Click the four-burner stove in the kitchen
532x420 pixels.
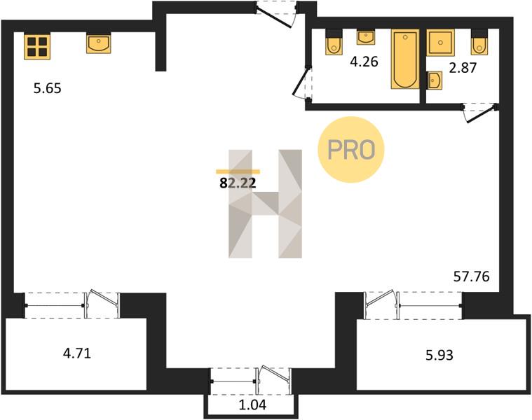[37, 46]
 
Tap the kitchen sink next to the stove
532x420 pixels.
[98, 43]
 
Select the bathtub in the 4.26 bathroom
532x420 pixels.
[405, 59]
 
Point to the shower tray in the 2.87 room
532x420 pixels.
[440, 42]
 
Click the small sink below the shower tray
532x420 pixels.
[435, 80]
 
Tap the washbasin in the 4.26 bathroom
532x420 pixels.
[366, 37]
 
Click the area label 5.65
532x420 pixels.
[48, 88]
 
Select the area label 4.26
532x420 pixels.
[364, 62]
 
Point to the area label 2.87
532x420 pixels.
[463, 68]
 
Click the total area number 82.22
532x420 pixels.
[238, 183]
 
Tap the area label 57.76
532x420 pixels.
[472, 276]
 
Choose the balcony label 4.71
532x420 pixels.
[77, 353]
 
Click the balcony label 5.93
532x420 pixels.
[439, 356]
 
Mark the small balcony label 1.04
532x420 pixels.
[253, 405]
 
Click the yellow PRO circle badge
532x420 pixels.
[351, 150]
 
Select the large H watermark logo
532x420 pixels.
[266, 204]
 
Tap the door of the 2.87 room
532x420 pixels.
[480, 113]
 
